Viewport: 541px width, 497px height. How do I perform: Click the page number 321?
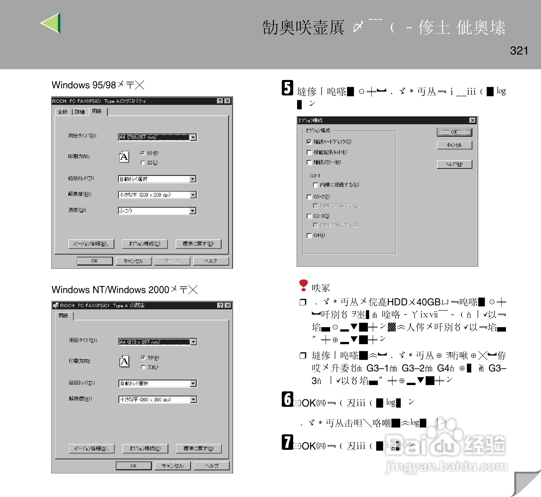[519, 51]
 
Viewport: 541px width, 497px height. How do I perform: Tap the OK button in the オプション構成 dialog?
[454, 132]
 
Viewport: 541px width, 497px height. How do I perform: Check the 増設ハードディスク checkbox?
[309, 142]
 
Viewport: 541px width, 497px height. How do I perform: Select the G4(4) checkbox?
[309, 236]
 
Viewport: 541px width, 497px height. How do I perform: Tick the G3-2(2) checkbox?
[309, 197]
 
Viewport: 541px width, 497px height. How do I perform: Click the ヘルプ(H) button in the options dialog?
[454, 164]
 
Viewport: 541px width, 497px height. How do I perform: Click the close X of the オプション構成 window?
[472, 120]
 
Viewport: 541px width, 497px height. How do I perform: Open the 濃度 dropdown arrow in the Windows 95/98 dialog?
[193, 211]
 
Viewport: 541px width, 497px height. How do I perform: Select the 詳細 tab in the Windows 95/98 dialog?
[80, 112]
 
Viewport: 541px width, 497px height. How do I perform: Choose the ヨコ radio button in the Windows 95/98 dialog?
[143, 163]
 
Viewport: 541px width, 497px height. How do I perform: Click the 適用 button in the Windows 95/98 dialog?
[172, 261]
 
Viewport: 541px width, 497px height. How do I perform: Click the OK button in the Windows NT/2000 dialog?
[133, 466]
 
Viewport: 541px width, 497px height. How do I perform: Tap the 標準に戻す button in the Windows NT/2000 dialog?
[198, 449]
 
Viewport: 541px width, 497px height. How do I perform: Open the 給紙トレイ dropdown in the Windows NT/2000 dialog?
[193, 383]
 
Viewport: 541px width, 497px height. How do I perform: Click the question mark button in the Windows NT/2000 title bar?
[220, 305]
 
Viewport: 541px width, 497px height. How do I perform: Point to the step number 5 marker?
[287, 88]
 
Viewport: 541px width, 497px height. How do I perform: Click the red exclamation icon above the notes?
[303, 285]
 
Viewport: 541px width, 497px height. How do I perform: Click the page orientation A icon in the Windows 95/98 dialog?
[124, 157]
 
